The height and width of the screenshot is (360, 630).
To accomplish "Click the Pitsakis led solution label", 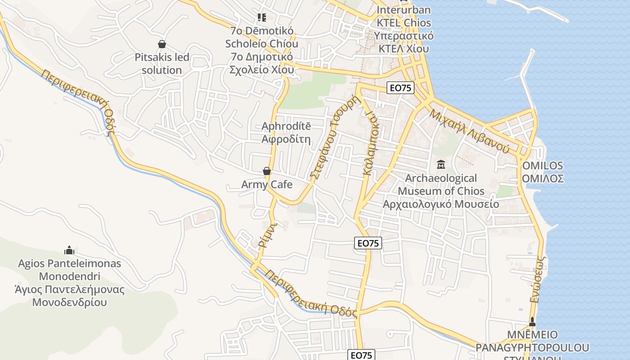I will [x=162, y=64].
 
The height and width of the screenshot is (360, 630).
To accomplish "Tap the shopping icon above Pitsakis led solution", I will [x=162, y=44].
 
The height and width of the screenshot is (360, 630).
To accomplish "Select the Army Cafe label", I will [x=267, y=184].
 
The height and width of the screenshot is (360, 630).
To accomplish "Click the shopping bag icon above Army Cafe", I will [x=267, y=171].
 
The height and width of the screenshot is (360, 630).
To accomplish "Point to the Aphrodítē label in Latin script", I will [x=286, y=126].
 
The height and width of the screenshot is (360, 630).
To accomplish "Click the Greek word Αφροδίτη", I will [x=286, y=139].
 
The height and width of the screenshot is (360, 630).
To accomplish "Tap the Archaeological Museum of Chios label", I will [x=441, y=184].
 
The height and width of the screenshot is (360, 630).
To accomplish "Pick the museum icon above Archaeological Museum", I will [x=441, y=165].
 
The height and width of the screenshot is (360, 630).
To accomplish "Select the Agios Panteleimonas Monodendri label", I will [x=69, y=270].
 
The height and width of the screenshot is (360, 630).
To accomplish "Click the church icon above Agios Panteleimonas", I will [x=69, y=250].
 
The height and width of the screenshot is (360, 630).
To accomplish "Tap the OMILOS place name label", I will [x=543, y=166].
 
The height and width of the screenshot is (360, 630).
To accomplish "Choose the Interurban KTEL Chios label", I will [x=404, y=16].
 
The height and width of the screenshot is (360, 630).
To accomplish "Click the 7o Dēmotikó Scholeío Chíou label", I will [x=261, y=37].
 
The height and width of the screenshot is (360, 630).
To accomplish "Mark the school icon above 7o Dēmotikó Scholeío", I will [x=261, y=18].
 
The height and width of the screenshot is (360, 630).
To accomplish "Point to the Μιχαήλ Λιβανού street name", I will [x=469, y=130].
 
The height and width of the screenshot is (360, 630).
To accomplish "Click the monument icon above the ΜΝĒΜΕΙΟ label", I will [x=532, y=322].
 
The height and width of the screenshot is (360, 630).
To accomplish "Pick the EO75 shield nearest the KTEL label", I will [x=400, y=88].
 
